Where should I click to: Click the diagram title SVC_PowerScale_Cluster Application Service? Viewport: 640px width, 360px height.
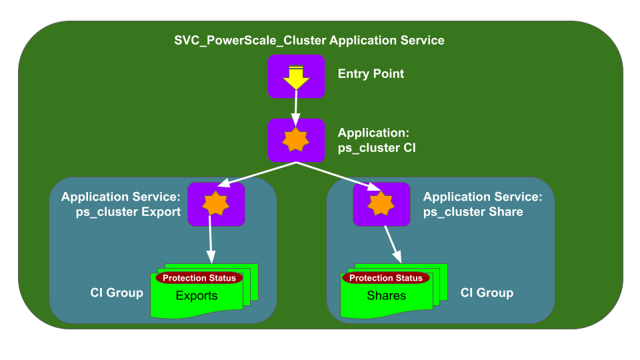[x=309, y=41]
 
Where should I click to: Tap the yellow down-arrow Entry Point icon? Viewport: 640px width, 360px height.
[x=295, y=77]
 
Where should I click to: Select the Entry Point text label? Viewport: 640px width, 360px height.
[x=371, y=74]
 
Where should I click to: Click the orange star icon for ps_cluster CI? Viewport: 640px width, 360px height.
[x=295, y=141]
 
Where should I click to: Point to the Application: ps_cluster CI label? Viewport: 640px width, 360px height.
[x=376, y=141]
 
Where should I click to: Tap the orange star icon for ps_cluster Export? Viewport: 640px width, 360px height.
[x=216, y=203]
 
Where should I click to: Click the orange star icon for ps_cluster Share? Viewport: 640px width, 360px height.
[x=381, y=203]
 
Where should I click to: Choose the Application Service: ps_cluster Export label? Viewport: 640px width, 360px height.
[x=121, y=205]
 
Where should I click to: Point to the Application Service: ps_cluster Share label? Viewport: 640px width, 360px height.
[x=483, y=205]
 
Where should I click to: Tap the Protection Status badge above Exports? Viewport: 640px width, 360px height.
[x=199, y=278]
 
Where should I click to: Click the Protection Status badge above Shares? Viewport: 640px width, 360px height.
[x=386, y=278]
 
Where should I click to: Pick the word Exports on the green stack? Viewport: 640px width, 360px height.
[x=197, y=295]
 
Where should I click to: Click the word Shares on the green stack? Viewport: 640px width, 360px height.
[x=386, y=295]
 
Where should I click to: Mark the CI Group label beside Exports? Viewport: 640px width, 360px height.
[x=117, y=293]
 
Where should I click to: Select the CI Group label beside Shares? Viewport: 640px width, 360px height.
[x=487, y=293]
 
